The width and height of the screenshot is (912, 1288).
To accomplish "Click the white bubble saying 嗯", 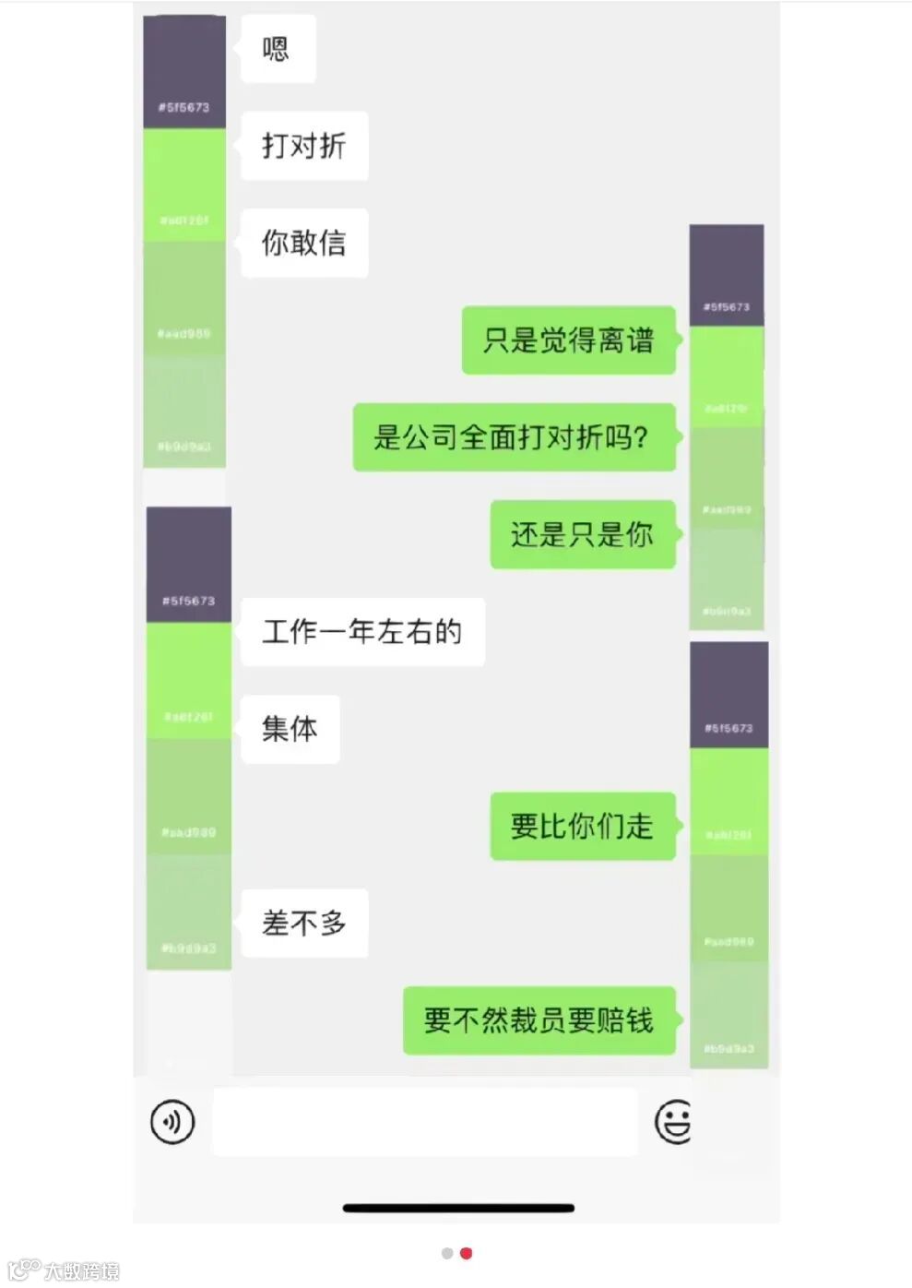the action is tap(278, 49).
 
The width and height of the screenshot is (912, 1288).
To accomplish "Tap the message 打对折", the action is tap(304, 146).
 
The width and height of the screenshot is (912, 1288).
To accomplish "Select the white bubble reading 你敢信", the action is tap(304, 244).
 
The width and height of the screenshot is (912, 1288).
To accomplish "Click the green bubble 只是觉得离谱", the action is tap(568, 340).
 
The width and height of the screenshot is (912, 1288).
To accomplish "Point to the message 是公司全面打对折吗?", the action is tap(513, 437).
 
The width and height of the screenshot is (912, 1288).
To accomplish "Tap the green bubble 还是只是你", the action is tap(582, 535).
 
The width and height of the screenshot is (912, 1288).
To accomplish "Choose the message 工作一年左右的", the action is tap(362, 632).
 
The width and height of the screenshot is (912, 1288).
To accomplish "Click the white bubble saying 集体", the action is tap(290, 729).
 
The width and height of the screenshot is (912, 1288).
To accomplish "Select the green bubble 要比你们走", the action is tap(582, 827).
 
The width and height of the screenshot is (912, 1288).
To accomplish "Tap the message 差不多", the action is tap(304, 924).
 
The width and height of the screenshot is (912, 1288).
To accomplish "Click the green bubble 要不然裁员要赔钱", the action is tap(539, 1020).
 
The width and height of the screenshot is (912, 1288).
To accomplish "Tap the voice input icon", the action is tap(172, 1122).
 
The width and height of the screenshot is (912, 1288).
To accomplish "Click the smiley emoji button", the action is tap(673, 1122).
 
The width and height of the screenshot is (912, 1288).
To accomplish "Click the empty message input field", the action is tap(424, 1122).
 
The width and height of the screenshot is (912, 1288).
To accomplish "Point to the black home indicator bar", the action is tap(458, 1208).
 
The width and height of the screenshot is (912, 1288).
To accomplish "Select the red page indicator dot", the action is tap(467, 1253).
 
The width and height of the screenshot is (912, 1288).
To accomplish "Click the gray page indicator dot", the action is tap(447, 1253).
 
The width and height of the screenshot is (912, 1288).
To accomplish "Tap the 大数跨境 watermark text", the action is tap(81, 1271).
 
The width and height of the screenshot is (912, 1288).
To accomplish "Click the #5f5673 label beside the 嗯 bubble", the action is tap(184, 107).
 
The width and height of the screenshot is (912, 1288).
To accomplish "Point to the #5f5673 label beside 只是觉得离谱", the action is tap(727, 306).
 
